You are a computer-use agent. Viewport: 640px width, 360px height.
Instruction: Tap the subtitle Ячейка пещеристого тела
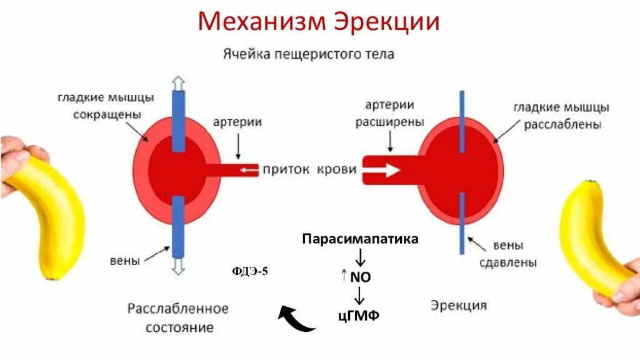tap(309, 54)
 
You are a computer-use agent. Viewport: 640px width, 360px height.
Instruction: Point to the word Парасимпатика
tap(360, 239)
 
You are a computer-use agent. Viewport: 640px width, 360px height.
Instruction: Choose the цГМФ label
tap(359, 314)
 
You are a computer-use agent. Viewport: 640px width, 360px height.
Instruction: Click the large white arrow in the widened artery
tap(382, 169)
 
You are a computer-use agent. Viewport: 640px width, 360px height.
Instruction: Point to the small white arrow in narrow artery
tap(250, 170)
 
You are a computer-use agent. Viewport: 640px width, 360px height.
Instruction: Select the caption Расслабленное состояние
tap(179, 317)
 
